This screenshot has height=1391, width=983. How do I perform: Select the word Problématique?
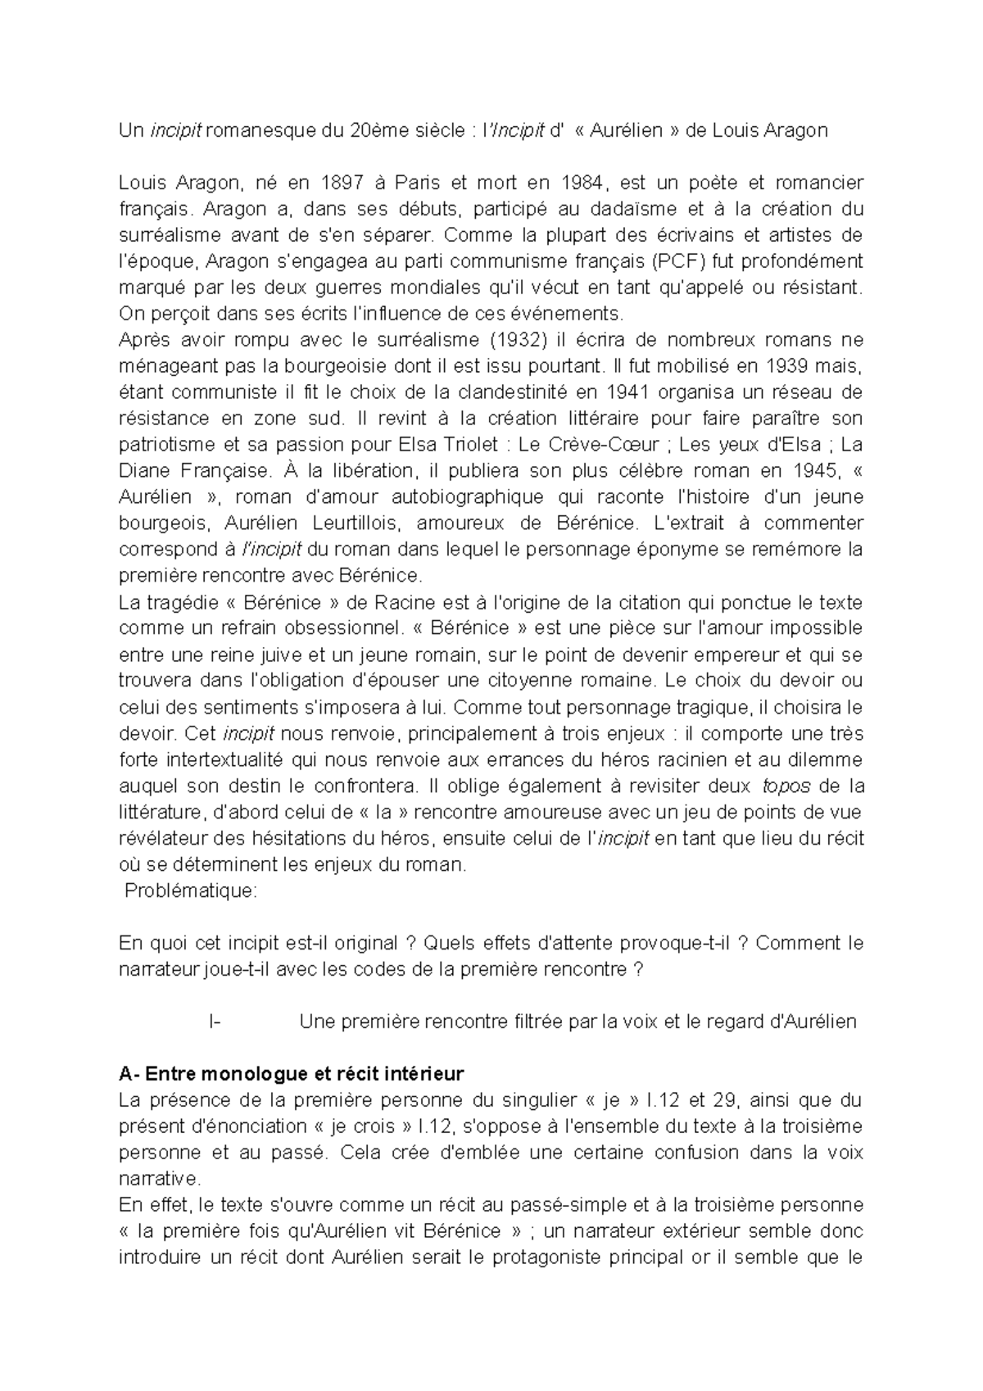coord(190,891)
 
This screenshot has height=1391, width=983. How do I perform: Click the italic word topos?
coord(786,786)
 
